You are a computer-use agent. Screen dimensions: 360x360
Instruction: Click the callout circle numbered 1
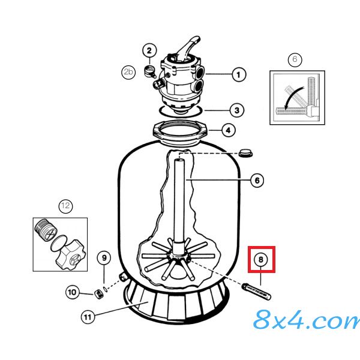(239, 74)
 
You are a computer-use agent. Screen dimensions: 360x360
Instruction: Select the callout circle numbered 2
(149, 50)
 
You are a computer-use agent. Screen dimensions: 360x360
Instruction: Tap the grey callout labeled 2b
(128, 72)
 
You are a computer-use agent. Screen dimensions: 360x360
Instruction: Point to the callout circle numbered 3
(237, 110)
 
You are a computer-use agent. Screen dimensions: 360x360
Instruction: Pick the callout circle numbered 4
(228, 130)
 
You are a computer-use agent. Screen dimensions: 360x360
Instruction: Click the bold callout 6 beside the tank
(257, 180)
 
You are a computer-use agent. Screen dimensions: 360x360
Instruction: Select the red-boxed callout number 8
(261, 260)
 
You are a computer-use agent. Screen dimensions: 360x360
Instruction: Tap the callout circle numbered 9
(104, 258)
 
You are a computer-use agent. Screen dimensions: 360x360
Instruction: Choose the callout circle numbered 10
(73, 292)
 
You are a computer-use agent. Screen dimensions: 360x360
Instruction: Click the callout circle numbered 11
(88, 317)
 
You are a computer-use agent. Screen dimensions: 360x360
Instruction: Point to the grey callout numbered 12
(65, 206)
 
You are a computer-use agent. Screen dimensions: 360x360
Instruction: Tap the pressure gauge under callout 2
(149, 71)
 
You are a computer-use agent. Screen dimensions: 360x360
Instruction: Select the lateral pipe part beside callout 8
(256, 292)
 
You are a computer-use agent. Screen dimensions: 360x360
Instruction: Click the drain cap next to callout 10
(98, 295)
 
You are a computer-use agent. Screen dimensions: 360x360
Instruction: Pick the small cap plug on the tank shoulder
(245, 153)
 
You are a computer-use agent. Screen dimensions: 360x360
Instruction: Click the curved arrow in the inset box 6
(293, 97)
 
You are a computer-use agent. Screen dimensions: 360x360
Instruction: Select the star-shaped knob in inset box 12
(70, 254)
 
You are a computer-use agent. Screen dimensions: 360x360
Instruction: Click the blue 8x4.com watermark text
(307, 319)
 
